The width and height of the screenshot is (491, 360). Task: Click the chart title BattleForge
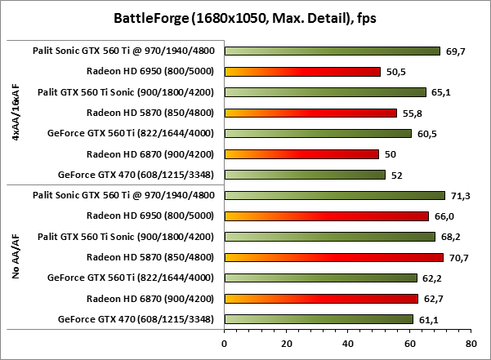point(245,18)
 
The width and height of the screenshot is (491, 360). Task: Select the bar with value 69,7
point(332,51)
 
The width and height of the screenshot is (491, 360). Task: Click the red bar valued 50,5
point(302,71)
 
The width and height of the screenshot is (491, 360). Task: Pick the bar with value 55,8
point(310,113)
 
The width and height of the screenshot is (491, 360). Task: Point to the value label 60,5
point(427,133)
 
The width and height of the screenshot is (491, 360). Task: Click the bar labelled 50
point(301,153)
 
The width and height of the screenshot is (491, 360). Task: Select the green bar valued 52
point(305,174)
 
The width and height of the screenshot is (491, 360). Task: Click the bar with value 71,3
point(334,195)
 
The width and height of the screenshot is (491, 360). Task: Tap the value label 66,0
point(444,216)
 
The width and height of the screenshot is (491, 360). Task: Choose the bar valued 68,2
point(329,237)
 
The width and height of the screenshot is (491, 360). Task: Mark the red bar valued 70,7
point(333,257)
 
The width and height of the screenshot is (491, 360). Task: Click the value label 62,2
point(432,278)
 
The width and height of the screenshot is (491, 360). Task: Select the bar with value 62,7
point(321,298)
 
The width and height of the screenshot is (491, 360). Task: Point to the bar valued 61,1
point(319,318)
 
